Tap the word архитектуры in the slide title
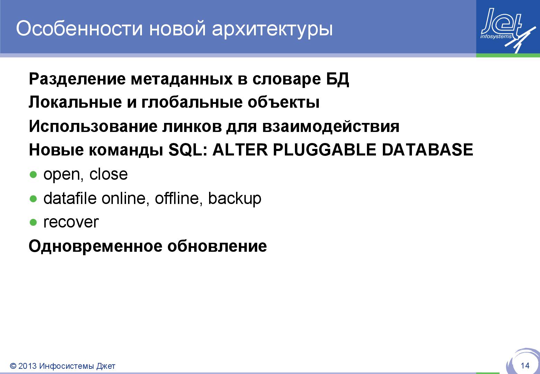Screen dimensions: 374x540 (272, 29)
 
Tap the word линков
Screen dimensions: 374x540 (192, 126)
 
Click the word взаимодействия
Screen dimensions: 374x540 (331, 126)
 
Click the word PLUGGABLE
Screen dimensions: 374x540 (324, 150)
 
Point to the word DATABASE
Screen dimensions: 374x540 (427, 150)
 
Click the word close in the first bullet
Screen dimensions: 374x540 (108, 174)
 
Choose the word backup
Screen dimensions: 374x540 (234, 199)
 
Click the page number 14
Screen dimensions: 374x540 (525, 366)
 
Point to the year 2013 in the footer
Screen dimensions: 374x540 (27, 366)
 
